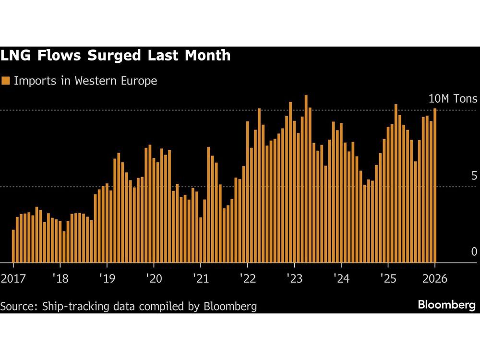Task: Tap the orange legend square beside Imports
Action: pos(6,81)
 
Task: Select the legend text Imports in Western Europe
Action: pos(85,81)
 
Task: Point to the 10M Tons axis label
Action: pos(453,99)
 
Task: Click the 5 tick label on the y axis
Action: pos(474,176)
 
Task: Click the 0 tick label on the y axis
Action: pos(474,252)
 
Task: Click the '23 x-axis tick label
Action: pos(294,278)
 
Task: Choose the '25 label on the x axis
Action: pos(387,278)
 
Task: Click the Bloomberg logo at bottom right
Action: pos(446,305)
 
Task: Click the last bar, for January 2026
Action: pos(435,187)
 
